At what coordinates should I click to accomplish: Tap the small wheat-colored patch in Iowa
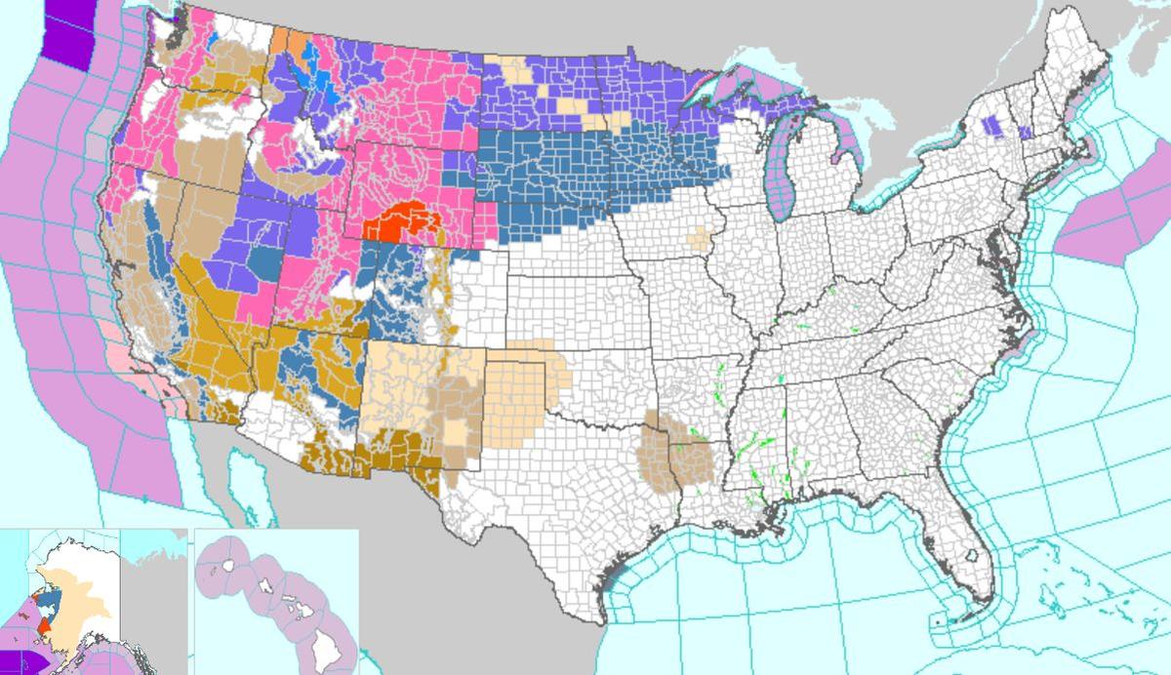click(x=698, y=237)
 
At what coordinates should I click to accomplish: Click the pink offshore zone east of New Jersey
click(x=1103, y=229)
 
